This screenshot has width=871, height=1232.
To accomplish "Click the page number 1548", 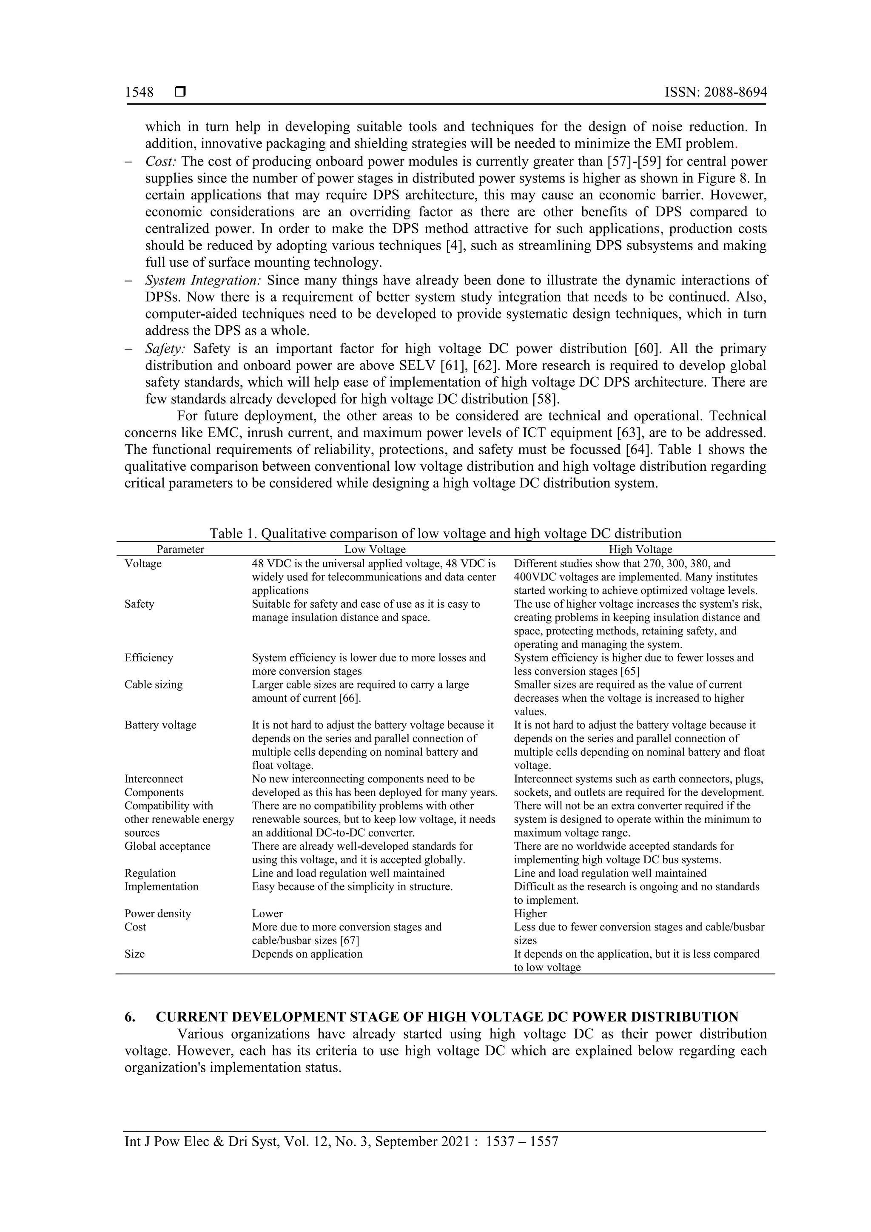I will click(x=139, y=92).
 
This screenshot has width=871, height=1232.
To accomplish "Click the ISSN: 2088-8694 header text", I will click(x=715, y=92).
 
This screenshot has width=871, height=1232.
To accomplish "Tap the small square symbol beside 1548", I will click(x=180, y=92).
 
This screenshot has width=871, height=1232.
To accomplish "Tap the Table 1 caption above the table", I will click(x=445, y=533).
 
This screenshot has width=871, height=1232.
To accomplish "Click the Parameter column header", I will click(x=180, y=549).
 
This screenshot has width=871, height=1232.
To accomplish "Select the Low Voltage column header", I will click(x=375, y=549).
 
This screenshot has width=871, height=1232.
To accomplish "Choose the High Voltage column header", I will click(x=640, y=549).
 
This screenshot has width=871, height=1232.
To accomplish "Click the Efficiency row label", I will click(x=149, y=658).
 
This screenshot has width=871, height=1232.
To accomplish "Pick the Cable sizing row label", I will click(x=154, y=685).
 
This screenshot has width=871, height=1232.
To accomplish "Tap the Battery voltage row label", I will click(x=160, y=725).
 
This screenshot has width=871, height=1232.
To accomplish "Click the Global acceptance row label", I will click(x=168, y=846).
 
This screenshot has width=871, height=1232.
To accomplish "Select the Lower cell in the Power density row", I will click(x=267, y=913).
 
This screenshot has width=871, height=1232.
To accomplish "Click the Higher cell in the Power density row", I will click(x=530, y=913).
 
